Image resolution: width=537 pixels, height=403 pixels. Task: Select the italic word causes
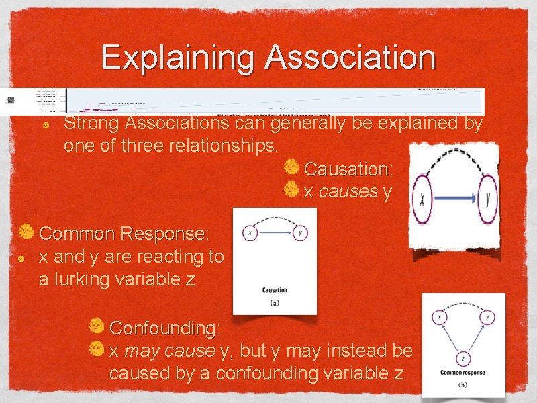point(348,191)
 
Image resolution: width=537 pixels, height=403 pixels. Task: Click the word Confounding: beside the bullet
point(164,328)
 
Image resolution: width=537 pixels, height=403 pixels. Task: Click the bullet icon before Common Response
point(26,232)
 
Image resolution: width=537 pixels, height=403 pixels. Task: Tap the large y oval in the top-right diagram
point(488,199)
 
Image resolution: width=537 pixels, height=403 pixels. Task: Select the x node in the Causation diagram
point(250,233)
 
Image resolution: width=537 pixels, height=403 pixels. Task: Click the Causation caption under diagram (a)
point(275,290)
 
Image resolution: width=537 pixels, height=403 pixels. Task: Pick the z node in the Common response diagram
point(463,359)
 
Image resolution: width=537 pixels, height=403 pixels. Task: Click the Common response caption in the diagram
point(462,373)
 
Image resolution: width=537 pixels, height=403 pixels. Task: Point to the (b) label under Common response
point(462,385)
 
